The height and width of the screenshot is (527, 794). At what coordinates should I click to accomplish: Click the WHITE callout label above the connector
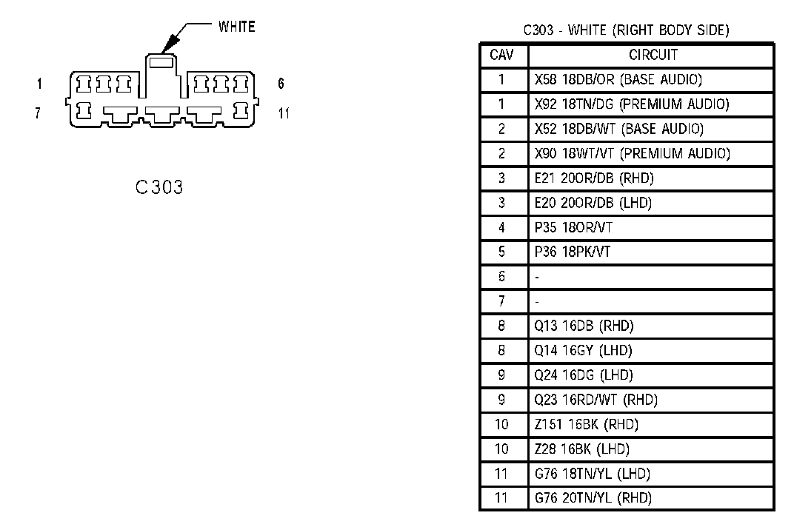(x=236, y=27)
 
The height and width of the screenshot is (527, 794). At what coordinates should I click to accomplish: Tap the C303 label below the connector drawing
(x=159, y=187)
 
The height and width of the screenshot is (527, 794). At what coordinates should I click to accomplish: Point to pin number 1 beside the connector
(x=40, y=84)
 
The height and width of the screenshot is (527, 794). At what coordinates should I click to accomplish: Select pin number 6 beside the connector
(x=281, y=84)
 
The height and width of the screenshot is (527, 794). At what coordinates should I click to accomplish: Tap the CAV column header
(x=502, y=56)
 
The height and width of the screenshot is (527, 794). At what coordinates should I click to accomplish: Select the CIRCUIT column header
(x=653, y=56)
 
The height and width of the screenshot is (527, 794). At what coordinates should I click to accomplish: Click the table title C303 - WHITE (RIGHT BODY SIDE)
(x=626, y=30)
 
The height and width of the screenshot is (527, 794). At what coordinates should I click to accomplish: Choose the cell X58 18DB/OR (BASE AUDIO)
(x=618, y=80)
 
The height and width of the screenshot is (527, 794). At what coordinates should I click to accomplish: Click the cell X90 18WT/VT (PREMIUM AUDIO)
(x=632, y=154)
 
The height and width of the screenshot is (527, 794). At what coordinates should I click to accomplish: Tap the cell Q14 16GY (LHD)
(x=584, y=350)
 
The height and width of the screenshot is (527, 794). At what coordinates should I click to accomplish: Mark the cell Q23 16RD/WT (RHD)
(x=595, y=400)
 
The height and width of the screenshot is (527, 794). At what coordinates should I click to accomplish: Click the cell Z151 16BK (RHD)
(x=586, y=424)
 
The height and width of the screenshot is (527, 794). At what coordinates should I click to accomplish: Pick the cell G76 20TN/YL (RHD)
(x=593, y=498)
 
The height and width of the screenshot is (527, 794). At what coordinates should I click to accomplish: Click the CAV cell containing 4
(x=502, y=227)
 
